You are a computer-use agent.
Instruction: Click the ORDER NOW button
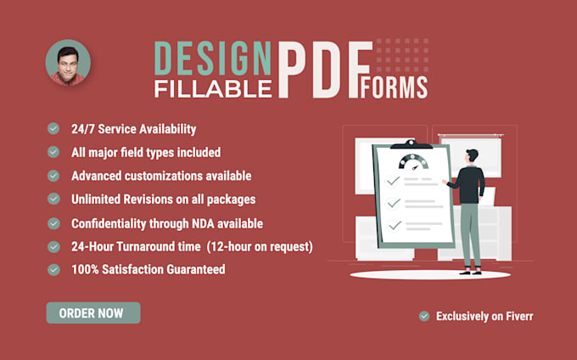(92, 312)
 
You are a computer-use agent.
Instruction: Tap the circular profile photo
(68, 63)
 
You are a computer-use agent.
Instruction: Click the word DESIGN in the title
(212, 58)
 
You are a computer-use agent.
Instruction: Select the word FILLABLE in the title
(212, 87)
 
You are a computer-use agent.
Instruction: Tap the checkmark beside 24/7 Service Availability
(53, 129)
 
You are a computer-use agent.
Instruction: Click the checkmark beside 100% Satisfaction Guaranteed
(53, 269)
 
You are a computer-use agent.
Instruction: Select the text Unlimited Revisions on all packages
(164, 199)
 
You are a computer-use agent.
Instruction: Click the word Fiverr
(516, 316)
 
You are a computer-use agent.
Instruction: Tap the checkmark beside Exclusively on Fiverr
(424, 316)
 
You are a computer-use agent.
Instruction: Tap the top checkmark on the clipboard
(393, 181)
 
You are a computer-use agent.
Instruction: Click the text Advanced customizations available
(161, 176)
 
